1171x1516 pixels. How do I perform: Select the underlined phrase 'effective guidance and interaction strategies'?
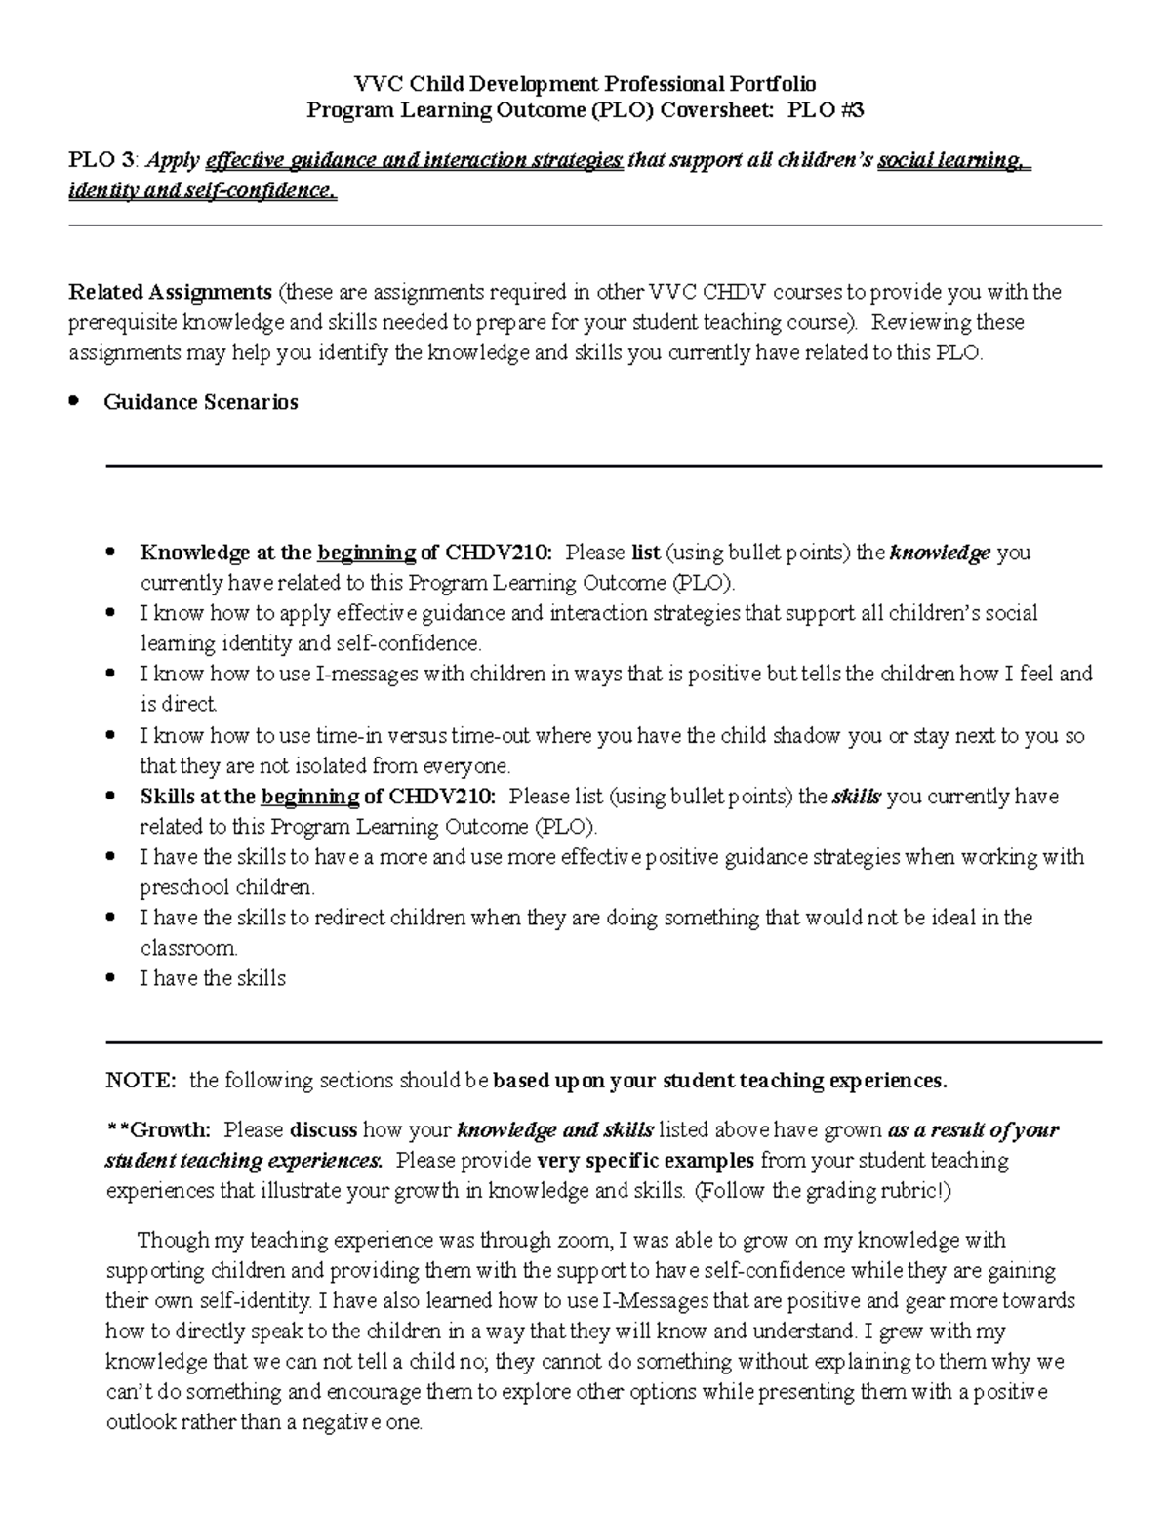414,160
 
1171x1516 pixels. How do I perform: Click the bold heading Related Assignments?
170,292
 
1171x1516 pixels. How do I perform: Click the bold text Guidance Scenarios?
200,402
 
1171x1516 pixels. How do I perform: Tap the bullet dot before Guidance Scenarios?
74,402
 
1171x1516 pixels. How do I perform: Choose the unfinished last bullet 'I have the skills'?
213,978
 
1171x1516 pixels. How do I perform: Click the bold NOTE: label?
141,1081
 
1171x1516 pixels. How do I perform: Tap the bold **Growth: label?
158,1130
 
